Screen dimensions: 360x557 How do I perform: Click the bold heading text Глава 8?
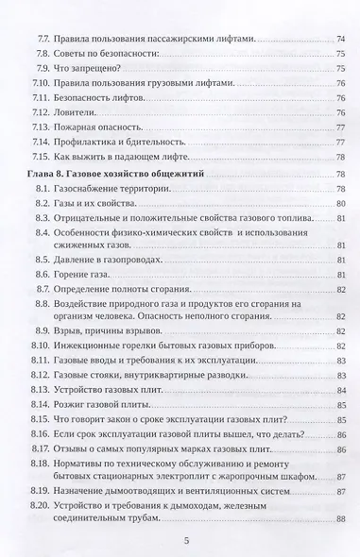(x=47, y=176)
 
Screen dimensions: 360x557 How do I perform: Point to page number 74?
(x=339, y=40)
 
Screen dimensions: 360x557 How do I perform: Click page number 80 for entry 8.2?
(x=339, y=204)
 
